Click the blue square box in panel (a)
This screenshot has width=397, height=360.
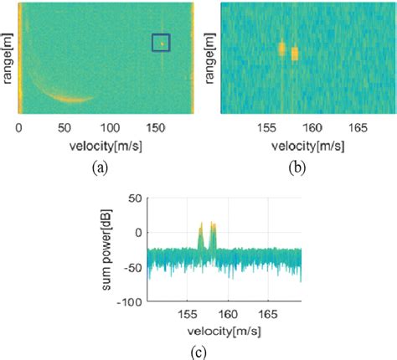(161, 43)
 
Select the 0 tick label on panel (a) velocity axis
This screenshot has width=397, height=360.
(19, 129)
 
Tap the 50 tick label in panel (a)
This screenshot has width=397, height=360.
(64, 129)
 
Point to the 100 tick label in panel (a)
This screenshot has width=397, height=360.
(110, 129)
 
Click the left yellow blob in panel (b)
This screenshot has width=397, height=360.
(282, 48)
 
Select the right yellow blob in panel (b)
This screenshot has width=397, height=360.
(295, 54)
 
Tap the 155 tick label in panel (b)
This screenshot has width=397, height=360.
(267, 129)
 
